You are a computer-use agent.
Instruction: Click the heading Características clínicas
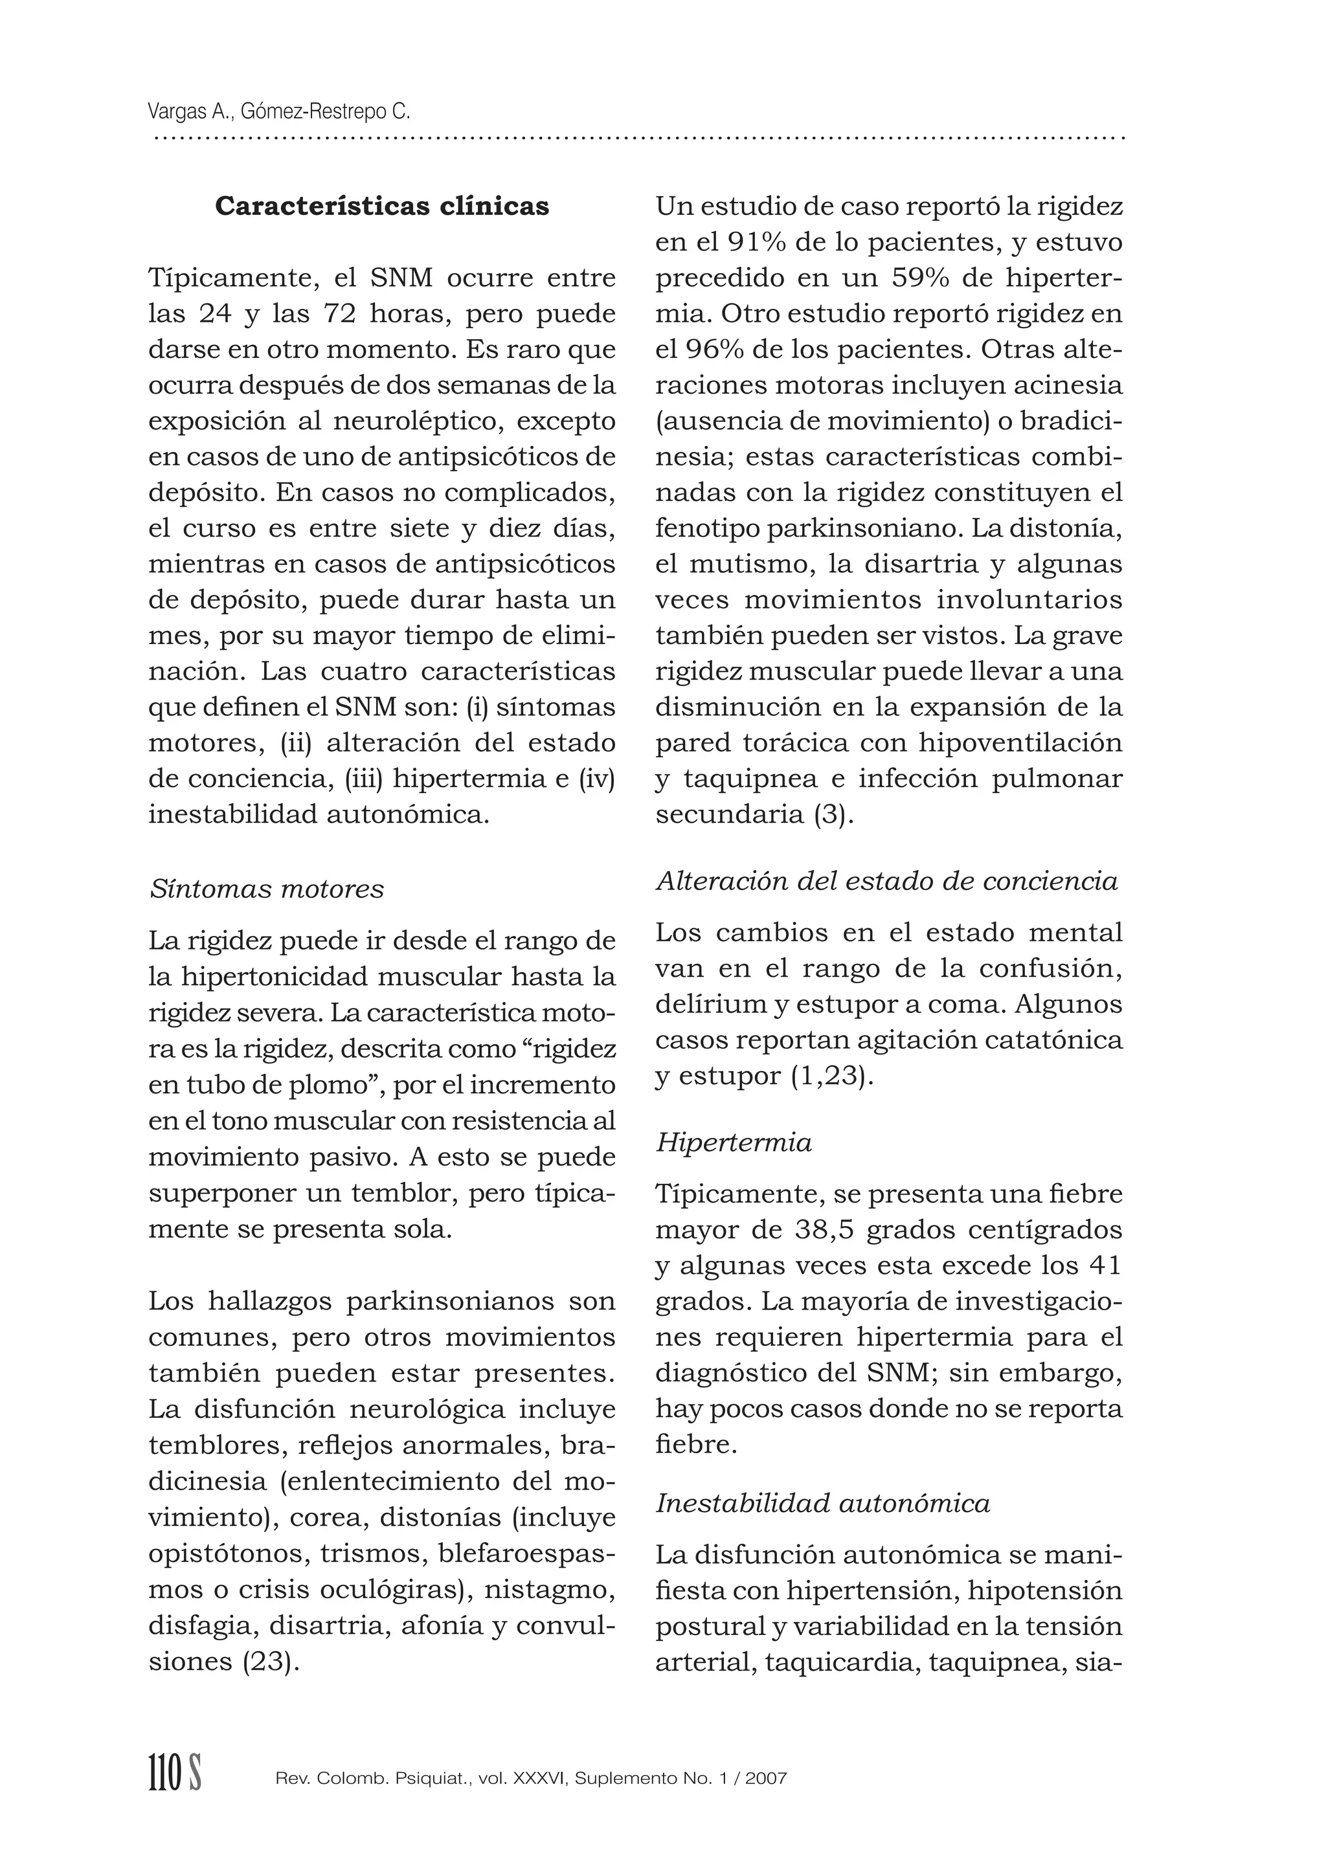(381, 206)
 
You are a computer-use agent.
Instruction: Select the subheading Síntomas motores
(266, 888)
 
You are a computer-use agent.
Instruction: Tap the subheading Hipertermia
(733, 1142)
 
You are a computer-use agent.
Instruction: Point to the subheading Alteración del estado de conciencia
(887, 881)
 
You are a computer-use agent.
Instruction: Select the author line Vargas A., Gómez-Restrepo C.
(279, 111)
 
